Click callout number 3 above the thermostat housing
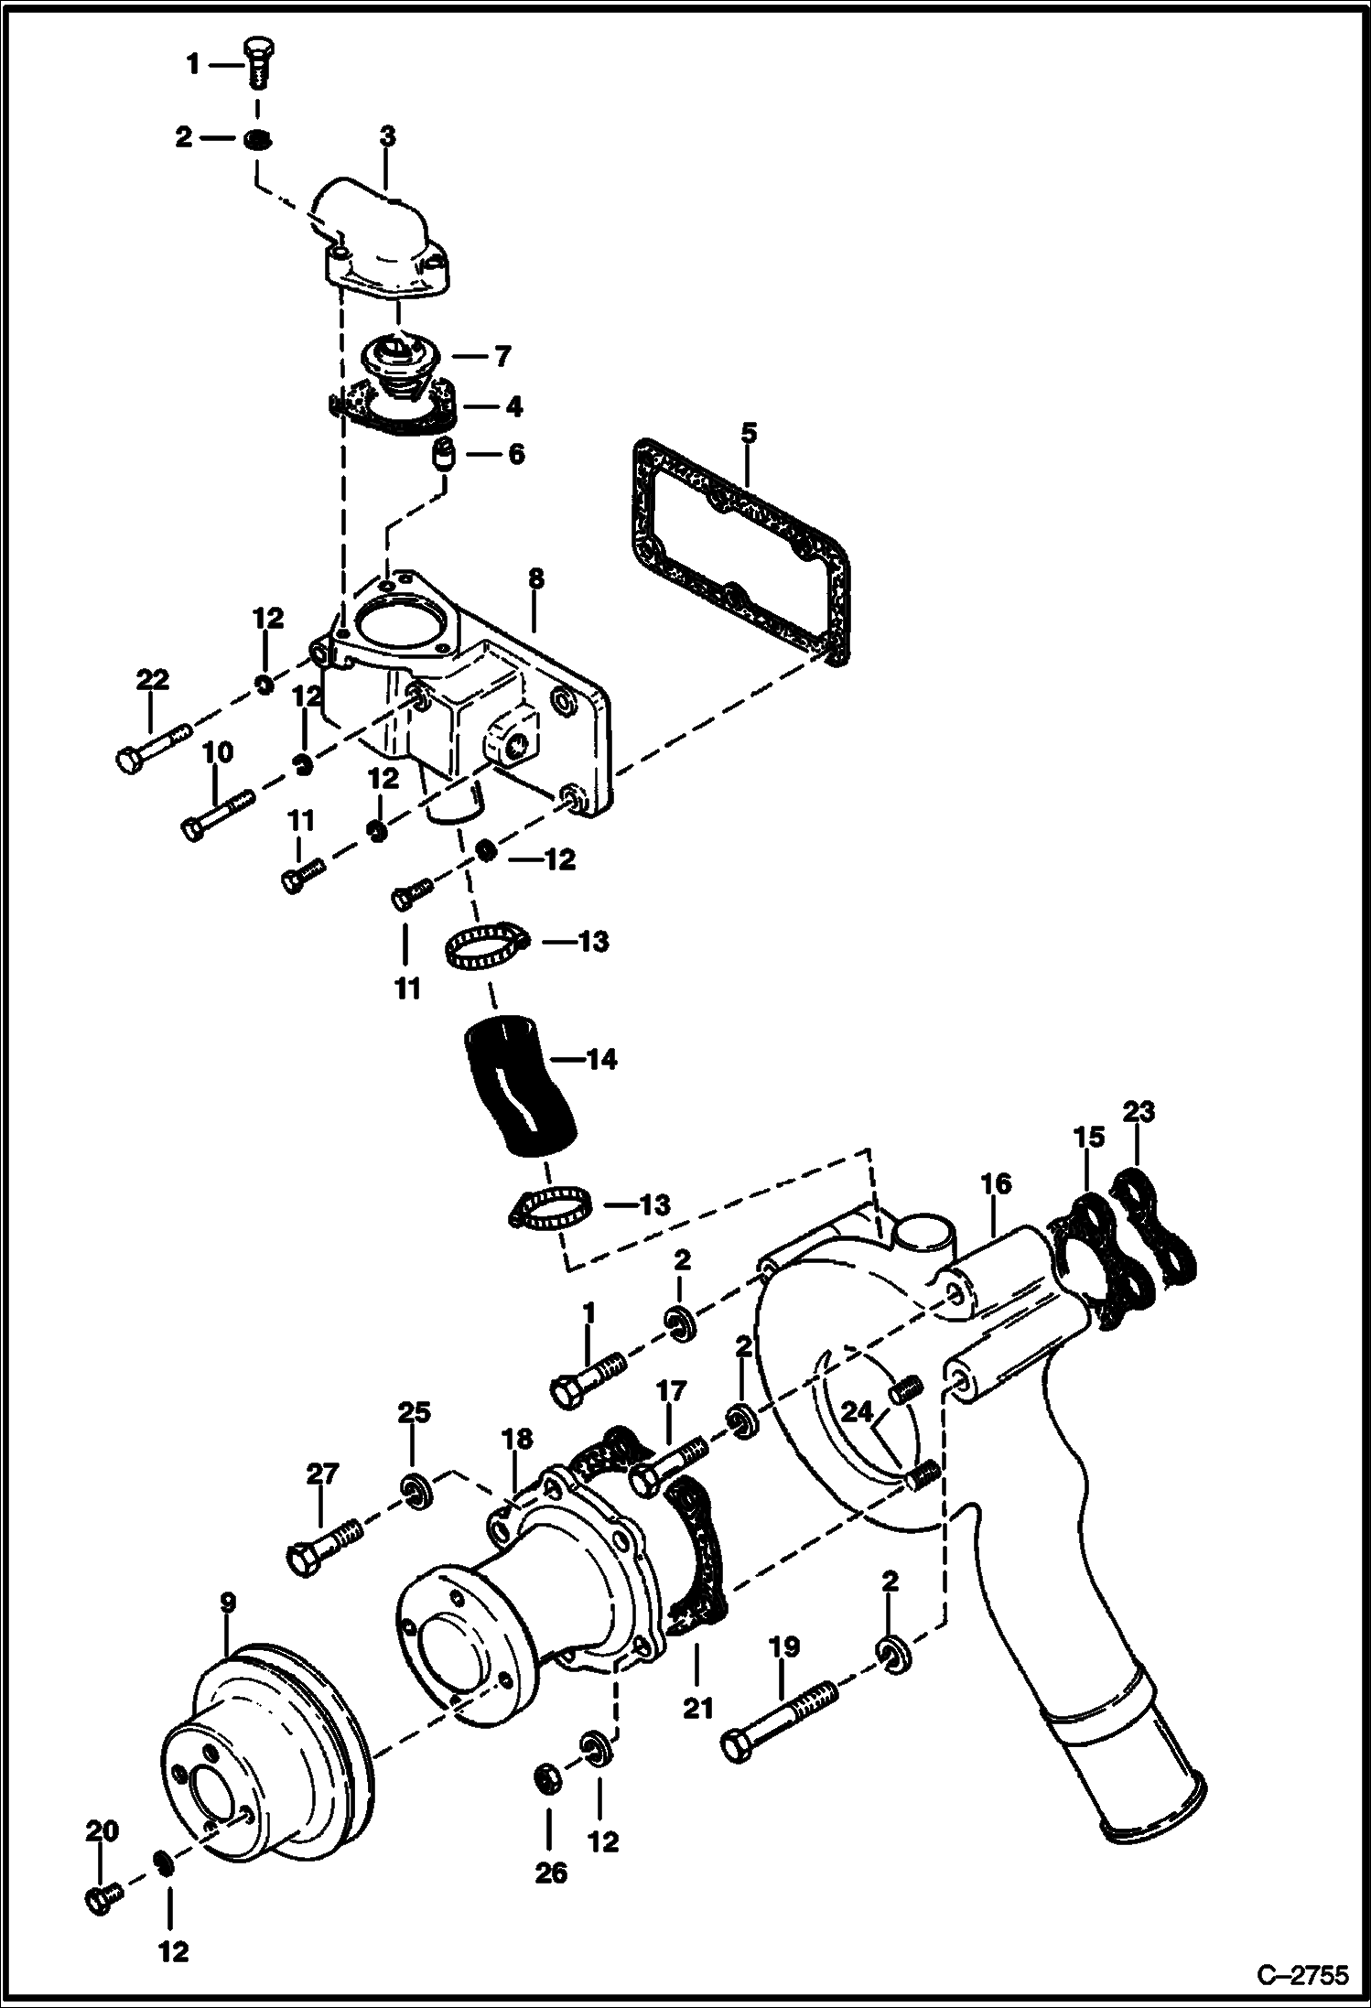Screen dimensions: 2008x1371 click(x=387, y=137)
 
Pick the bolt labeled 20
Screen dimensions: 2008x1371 click(x=103, y=1898)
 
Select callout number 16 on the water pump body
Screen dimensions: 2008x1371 click(x=997, y=1184)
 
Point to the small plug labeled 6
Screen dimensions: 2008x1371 click(x=445, y=455)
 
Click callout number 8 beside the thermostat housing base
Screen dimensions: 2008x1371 click(x=536, y=578)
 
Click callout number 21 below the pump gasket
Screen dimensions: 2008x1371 click(x=697, y=1707)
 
